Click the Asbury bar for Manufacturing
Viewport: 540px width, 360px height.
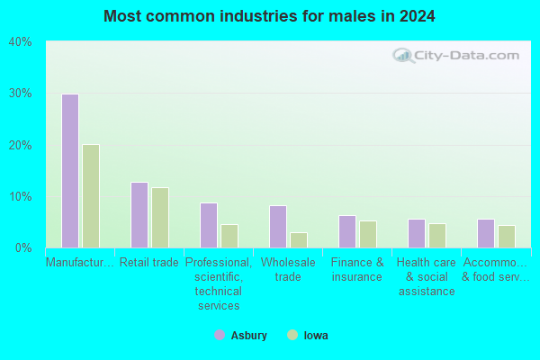70,171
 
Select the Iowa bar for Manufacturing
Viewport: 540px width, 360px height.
91,196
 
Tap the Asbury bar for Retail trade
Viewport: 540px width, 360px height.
139,215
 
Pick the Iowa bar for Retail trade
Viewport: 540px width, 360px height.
160,218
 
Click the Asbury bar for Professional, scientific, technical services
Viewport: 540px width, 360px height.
209,225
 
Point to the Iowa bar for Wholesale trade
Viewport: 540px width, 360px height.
299,240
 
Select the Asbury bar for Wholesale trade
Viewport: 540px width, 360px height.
278,227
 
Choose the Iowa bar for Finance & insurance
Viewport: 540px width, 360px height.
368,234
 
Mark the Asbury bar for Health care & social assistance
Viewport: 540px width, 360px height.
417,234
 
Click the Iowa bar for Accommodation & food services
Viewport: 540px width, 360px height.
507,237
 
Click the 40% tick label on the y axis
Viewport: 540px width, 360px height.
21,42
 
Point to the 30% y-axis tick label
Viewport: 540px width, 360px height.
21,94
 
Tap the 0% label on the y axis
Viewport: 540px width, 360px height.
23,247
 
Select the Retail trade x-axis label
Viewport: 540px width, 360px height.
149,263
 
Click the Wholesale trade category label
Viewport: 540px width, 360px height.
288,269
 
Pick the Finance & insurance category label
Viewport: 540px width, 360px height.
357,269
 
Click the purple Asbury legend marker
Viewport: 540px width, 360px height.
220,335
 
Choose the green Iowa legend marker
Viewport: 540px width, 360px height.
292,335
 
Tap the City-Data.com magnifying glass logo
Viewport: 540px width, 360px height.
403,56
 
